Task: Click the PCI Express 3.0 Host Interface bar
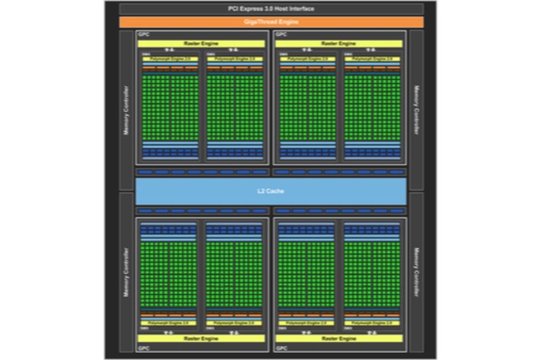click(x=271, y=9)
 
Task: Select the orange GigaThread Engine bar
click(x=271, y=22)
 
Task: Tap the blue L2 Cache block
click(x=271, y=191)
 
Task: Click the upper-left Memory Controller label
click(x=126, y=110)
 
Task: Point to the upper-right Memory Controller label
click(x=416, y=110)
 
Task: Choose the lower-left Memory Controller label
click(x=126, y=272)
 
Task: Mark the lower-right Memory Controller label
click(x=416, y=272)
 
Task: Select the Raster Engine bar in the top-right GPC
click(x=338, y=43)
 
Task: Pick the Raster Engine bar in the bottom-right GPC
click(x=338, y=338)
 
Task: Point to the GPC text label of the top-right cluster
click(x=280, y=34)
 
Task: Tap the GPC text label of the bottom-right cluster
click(x=280, y=348)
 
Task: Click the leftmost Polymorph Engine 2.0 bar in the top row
click(x=170, y=58)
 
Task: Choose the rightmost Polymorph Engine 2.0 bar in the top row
click(x=372, y=58)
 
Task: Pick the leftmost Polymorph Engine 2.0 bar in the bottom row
click(x=168, y=323)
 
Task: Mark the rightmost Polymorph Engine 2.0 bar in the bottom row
click(x=372, y=323)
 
